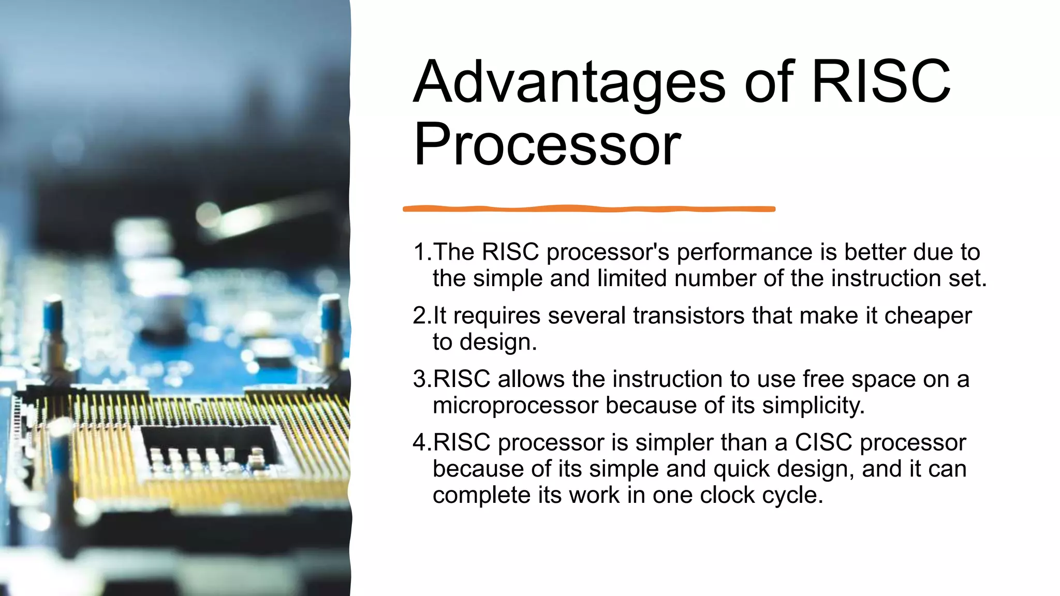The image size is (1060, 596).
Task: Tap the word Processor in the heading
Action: tap(547, 145)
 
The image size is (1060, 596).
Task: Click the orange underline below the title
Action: tap(589, 209)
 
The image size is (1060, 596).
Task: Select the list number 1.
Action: tap(420, 252)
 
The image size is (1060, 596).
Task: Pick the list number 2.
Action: tap(420, 316)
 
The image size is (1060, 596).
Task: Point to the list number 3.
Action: tap(420, 380)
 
